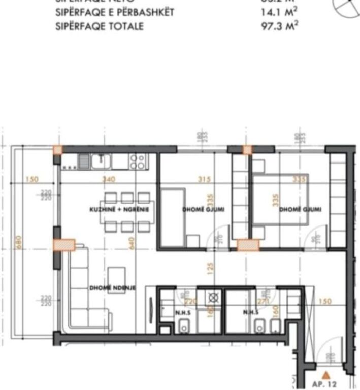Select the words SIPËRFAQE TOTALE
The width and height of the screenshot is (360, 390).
coord(99,26)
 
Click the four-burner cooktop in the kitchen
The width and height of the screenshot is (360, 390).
coord(137,161)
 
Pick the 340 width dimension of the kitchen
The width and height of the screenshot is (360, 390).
coord(108,179)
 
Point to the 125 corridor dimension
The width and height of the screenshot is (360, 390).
coord(211,266)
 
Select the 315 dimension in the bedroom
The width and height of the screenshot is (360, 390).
coord(204,179)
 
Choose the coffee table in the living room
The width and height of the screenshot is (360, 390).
coord(117,276)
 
